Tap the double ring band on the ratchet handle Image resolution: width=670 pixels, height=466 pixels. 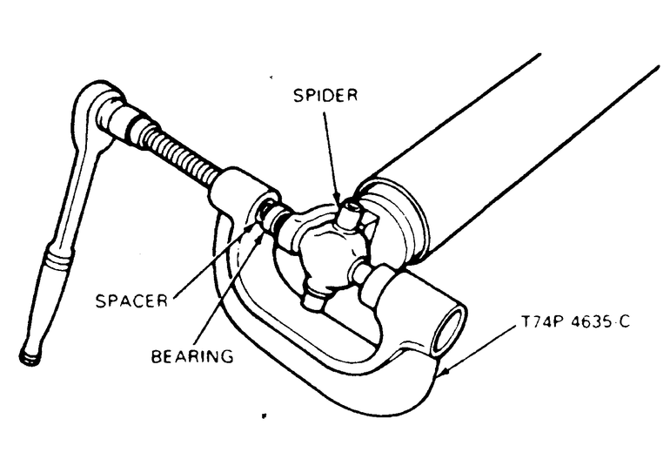(60, 260)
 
